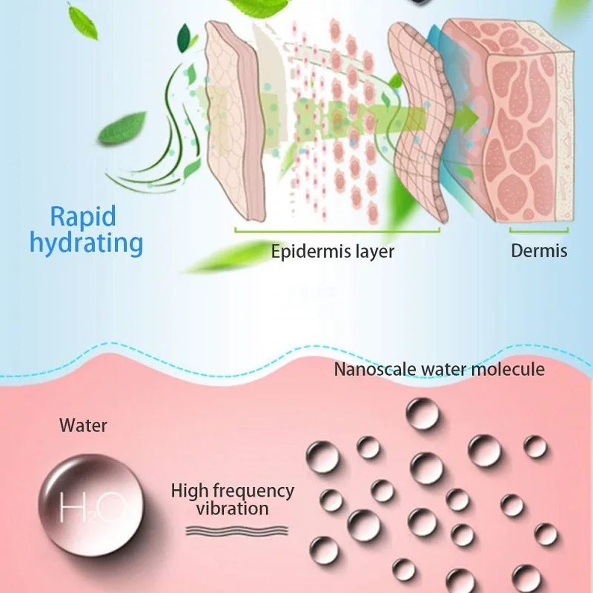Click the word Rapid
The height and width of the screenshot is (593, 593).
coord(83,216)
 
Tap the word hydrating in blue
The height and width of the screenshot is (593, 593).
coord(86,243)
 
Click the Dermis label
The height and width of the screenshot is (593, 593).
coord(539,251)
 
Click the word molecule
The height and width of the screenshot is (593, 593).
coord(511,368)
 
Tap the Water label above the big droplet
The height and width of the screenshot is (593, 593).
coord(83,425)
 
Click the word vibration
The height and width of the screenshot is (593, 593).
coord(233,508)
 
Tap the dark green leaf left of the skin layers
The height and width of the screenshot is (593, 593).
coord(122,128)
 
